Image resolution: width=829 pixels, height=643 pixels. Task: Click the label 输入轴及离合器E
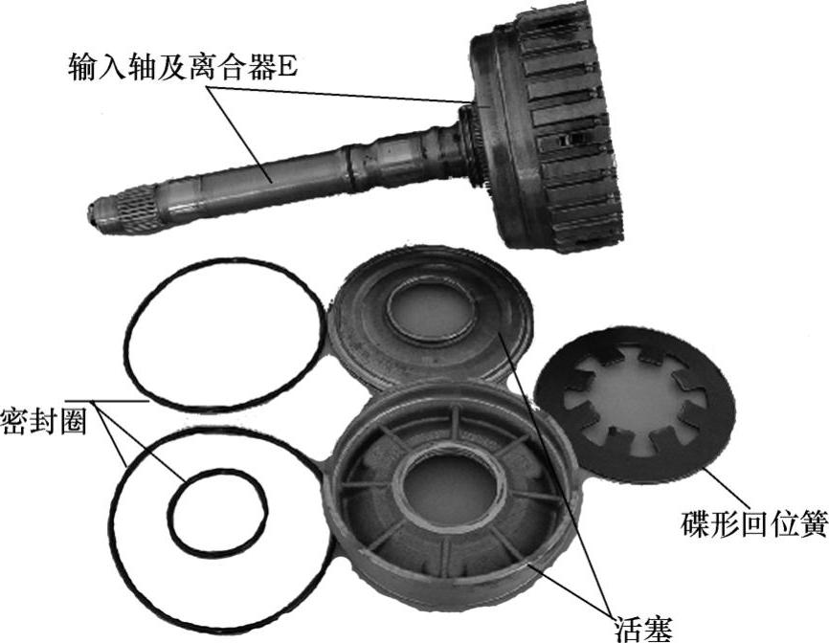(183, 67)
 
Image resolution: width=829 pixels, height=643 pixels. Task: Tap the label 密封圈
(44, 421)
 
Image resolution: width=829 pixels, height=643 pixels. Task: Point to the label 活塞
(643, 629)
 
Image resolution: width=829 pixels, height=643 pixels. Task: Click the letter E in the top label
(287, 68)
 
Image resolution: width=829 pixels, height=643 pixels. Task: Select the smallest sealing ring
(217, 510)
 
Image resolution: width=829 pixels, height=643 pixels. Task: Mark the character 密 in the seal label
(14, 421)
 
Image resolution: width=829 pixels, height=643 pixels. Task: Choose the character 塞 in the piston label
(659, 629)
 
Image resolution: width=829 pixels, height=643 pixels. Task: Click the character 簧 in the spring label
(814, 523)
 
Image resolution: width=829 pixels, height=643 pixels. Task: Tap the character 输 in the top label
(83, 67)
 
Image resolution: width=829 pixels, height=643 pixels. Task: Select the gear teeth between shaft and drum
(472, 148)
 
